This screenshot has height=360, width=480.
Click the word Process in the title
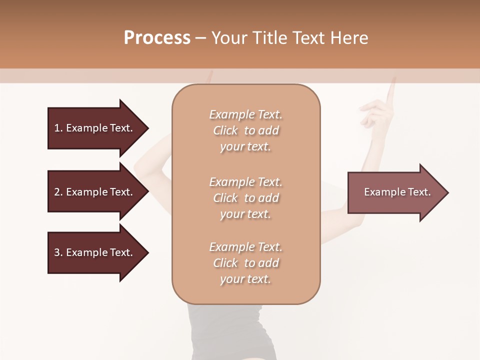click(x=157, y=38)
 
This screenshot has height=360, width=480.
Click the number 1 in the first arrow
click(x=57, y=128)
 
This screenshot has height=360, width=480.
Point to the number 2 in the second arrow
click(x=57, y=192)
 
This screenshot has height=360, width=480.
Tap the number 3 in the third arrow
click(x=57, y=252)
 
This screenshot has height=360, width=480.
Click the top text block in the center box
click(x=245, y=130)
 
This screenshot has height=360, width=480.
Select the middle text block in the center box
click(x=245, y=198)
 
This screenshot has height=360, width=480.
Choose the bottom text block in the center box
click(x=245, y=263)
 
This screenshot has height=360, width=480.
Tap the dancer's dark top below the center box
click(x=230, y=330)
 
